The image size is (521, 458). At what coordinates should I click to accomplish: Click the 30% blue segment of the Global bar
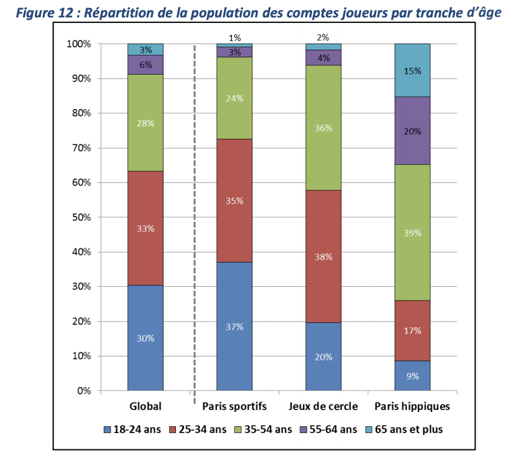click(x=145, y=338)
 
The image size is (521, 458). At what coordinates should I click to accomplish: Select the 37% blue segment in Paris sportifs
click(x=234, y=326)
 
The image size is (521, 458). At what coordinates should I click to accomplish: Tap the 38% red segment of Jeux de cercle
click(x=323, y=256)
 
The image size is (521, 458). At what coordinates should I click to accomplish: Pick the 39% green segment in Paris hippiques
click(x=412, y=233)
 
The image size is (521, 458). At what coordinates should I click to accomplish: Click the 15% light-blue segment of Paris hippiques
click(x=412, y=70)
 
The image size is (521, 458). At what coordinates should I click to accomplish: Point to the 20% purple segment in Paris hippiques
click(x=412, y=131)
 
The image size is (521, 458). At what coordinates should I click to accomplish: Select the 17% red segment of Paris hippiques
click(x=412, y=330)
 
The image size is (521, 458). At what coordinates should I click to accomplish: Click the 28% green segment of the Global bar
click(x=145, y=123)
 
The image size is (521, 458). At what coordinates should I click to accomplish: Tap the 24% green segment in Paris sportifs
click(x=234, y=98)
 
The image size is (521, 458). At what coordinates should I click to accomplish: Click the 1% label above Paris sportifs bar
click(x=234, y=37)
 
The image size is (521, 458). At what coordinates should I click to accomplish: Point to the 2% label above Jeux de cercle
click(x=323, y=37)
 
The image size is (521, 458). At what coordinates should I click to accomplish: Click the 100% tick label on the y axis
click(x=79, y=44)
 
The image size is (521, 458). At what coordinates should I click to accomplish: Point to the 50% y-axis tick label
click(x=81, y=217)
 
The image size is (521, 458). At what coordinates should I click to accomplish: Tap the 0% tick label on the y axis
click(x=84, y=391)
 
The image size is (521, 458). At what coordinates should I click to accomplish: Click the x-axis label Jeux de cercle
click(x=323, y=406)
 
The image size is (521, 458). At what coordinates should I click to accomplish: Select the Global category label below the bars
click(x=145, y=406)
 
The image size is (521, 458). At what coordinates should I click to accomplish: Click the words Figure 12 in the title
click(x=43, y=12)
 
